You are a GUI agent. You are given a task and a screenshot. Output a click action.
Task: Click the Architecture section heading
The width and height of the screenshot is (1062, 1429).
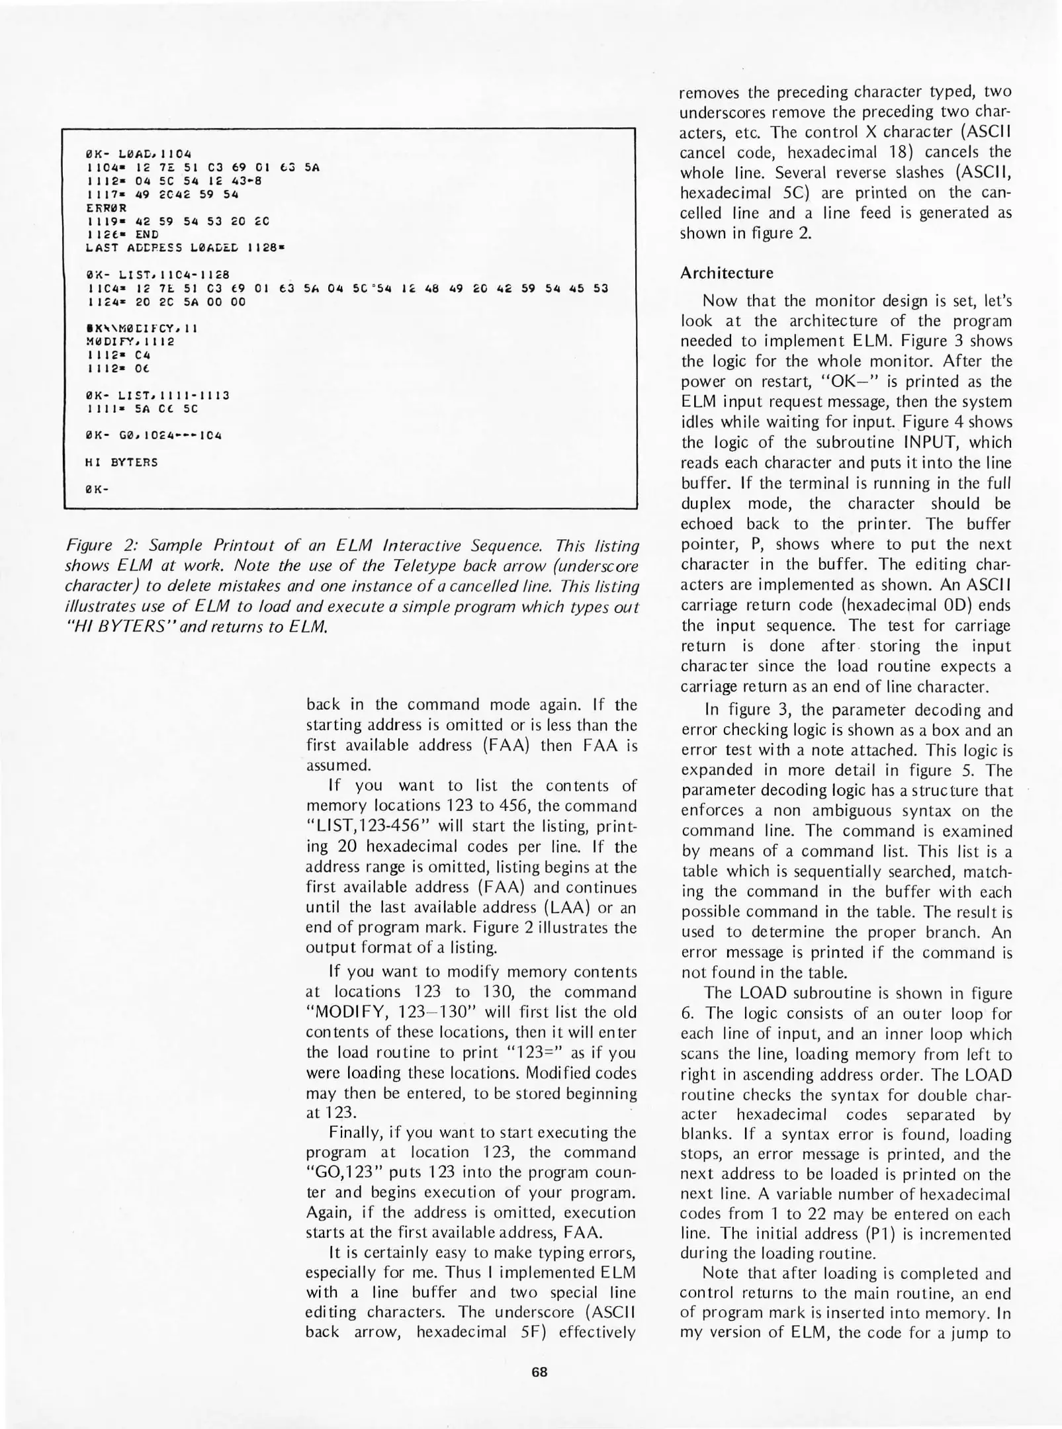tap(727, 273)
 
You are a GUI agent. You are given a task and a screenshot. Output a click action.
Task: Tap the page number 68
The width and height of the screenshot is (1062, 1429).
tap(539, 1372)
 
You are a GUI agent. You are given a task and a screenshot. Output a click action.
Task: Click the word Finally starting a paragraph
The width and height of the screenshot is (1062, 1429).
tap(355, 1132)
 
